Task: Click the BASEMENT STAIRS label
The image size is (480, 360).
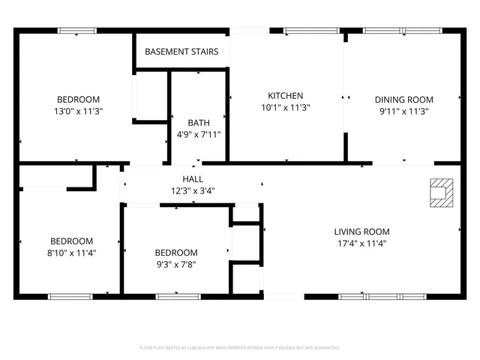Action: [181, 52]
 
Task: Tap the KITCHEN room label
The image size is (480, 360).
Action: [286, 96]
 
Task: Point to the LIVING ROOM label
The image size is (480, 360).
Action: [361, 232]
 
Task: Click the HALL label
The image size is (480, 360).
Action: [193, 179]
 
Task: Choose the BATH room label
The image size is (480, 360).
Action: [199, 123]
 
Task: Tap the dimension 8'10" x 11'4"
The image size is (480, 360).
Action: [71, 253]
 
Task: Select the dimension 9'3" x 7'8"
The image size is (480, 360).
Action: [176, 264]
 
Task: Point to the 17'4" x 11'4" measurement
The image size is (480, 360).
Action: [361, 243]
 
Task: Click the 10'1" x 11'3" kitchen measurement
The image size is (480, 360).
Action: [286, 107]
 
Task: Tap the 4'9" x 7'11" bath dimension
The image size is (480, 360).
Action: [199, 135]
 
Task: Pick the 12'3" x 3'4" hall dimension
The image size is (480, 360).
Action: [193, 190]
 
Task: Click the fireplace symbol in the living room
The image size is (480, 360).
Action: [439, 191]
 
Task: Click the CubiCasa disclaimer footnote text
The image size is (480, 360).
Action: [240, 348]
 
